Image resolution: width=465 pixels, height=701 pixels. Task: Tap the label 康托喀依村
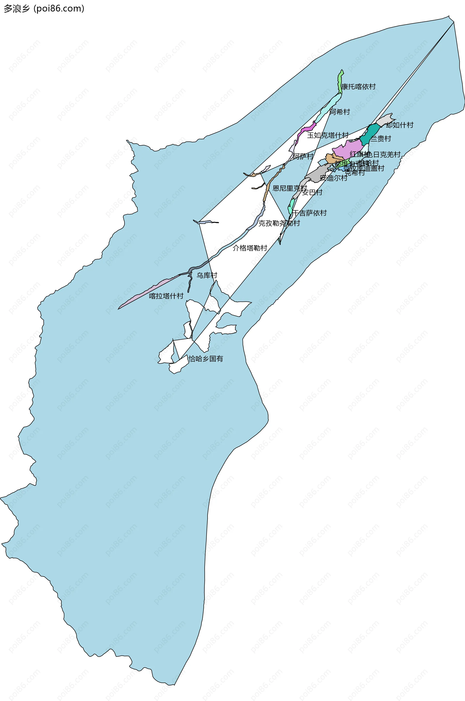[x=358, y=87]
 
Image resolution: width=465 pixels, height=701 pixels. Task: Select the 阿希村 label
[x=340, y=112]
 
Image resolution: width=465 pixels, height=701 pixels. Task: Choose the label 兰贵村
[x=380, y=138]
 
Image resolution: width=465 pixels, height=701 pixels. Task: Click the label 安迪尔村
[x=333, y=178]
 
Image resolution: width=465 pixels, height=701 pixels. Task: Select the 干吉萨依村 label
[x=309, y=213]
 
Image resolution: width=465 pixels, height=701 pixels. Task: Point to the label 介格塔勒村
[x=250, y=248]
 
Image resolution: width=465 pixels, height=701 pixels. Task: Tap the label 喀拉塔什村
[x=166, y=296]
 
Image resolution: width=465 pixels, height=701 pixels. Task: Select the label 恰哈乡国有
[x=206, y=359]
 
